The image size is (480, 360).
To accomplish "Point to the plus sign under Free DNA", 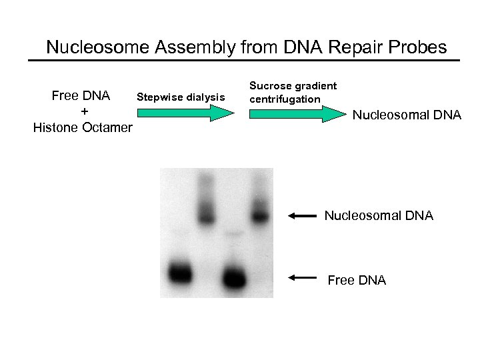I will coord(83,111).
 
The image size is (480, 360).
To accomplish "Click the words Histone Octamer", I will coord(83,127).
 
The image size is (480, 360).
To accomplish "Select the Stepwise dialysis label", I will coord(181,97).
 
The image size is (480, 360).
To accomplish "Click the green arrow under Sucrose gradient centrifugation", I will coord(297,115).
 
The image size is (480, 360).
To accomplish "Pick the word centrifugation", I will coord(285,99).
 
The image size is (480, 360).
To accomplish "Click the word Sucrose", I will coord(269,86).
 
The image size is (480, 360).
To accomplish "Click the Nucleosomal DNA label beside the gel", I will coord(379,215).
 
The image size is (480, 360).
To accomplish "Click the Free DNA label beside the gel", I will coord(357,280).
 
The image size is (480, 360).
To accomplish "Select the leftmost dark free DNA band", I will coord(179,273).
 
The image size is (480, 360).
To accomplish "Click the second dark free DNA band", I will coord(233,275).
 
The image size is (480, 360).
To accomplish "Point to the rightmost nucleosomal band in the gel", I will coord(259,215).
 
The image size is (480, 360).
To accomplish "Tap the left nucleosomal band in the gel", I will coord(207,214).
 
